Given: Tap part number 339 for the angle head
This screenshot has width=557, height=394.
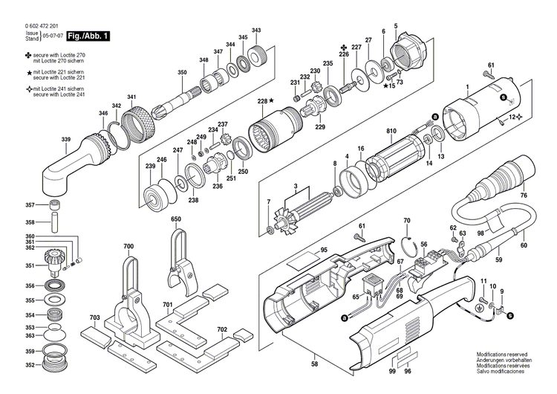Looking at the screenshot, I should click(66, 140).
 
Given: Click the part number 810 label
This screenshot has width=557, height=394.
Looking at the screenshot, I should click(391, 132).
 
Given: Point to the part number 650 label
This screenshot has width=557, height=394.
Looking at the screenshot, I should click(176, 220).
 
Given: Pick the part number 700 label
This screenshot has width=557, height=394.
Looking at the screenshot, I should click(128, 246).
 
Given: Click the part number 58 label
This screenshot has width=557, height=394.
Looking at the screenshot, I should click(313, 365).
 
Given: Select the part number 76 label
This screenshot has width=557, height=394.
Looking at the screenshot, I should click(524, 196).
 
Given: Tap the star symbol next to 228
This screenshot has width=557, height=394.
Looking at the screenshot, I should click(272, 100).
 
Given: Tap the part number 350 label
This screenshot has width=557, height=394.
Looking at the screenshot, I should click(182, 72).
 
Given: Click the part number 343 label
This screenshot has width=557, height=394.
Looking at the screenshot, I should click(256, 30).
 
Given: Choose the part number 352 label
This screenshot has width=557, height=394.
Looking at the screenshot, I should click(30, 365).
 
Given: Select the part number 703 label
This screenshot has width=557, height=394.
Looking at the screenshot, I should click(94, 317).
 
